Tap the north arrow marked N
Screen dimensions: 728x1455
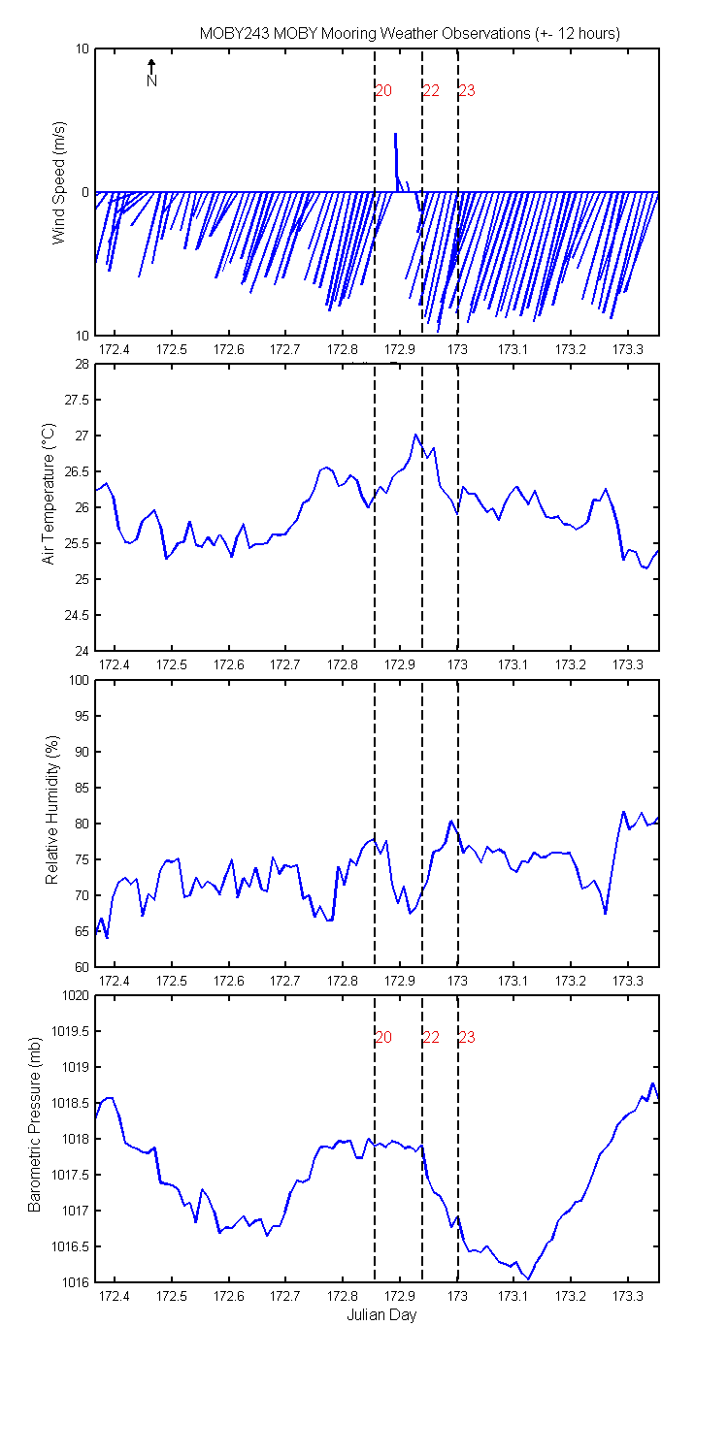pos(151,72)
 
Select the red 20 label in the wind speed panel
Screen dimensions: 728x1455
pos(383,91)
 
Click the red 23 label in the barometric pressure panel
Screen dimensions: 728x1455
pos(467,1037)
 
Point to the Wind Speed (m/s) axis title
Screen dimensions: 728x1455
pos(59,182)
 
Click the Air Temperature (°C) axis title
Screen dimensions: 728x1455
pos(49,494)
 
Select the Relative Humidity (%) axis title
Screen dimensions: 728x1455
pos(52,810)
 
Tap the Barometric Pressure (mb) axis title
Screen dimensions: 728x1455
pos(34,1124)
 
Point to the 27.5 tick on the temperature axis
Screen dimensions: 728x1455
pos(77,400)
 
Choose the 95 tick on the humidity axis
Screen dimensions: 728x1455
pos(82,716)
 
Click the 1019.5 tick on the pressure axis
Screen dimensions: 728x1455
pos(70,1031)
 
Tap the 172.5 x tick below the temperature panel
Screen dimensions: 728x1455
pos(172,664)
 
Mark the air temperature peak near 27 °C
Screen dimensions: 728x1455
pos(415,435)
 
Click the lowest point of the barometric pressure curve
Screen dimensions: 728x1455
pos(528,1278)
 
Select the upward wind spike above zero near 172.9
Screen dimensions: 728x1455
pos(396,162)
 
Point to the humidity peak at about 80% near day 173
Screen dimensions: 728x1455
pos(450,821)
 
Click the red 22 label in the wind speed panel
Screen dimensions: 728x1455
pos(431,91)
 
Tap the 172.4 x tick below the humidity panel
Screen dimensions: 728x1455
pos(115,981)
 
